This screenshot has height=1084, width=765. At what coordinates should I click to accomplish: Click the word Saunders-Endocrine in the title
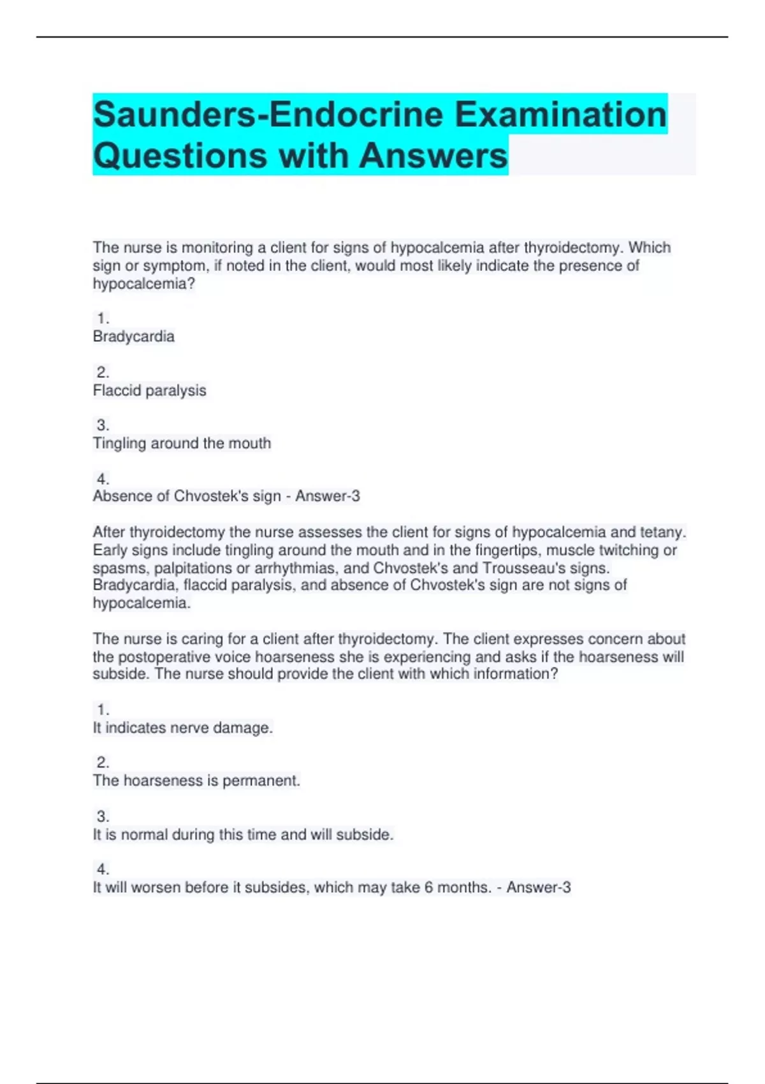[268, 115]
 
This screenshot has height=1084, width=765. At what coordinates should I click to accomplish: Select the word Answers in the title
[433, 156]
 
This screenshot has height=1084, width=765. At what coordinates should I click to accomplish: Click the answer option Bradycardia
[134, 337]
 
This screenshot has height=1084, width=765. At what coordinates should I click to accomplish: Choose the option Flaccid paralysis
[150, 390]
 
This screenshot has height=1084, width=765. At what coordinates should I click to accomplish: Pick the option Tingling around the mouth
[182, 443]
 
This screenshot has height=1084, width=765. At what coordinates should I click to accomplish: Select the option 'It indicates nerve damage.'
[183, 728]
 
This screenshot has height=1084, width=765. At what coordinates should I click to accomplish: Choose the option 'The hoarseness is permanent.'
[196, 780]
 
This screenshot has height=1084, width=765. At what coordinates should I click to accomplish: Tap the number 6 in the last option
[429, 888]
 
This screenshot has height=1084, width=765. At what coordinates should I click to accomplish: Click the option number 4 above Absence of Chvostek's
[103, 479]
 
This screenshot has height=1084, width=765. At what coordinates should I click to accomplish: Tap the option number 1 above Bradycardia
[103, 318]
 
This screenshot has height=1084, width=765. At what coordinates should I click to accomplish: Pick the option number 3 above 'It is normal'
[103, 816]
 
